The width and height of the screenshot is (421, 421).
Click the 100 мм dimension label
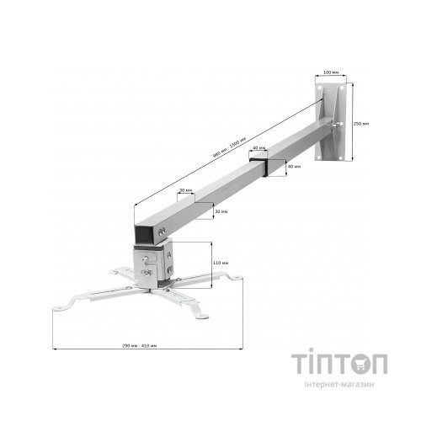pyautogui.click(x=329, y=72)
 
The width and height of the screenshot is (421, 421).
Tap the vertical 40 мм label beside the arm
pyautogui.click(x=293, y=167)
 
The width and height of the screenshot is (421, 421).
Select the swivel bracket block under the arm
pyautogui.click(x=154, y=258)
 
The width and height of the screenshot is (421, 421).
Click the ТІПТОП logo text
pyautogui.click(x=339, y=365)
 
